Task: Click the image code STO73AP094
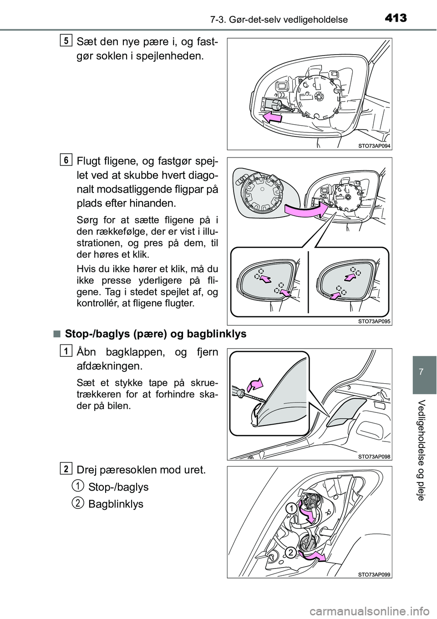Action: click(371, 145)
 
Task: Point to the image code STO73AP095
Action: click(371, 320)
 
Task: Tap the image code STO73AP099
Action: click(371, 573)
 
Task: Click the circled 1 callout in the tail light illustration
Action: click(292, 508)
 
